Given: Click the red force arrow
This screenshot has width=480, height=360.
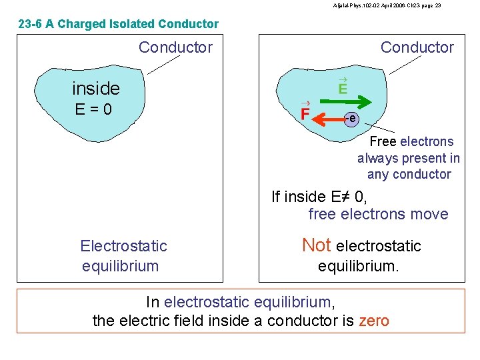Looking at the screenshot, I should tap(329, 119).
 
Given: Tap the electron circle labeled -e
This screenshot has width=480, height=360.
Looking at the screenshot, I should tap(352, 119).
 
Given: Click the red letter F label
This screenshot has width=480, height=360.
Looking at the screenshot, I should tap(305, 114).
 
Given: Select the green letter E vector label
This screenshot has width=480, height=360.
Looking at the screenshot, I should tap(343, 88).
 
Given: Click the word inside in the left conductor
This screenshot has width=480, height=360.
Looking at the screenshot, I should tap(95, 88).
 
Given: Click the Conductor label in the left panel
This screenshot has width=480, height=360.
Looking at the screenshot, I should tap(175, 47).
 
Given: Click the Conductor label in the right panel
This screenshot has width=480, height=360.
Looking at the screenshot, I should tap(417, 47).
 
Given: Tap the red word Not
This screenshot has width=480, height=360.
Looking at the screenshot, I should tap(317, 245).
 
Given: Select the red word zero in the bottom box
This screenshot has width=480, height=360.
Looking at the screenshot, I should tap(373, 321).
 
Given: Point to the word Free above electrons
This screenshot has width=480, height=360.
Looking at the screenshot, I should tap(383, 141).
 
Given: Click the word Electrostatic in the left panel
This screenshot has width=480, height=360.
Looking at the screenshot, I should tap(123, 246).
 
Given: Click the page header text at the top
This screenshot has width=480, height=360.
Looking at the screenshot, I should tap(387, 5).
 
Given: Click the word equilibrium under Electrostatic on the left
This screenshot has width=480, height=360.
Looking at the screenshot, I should tap(120, 266).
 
